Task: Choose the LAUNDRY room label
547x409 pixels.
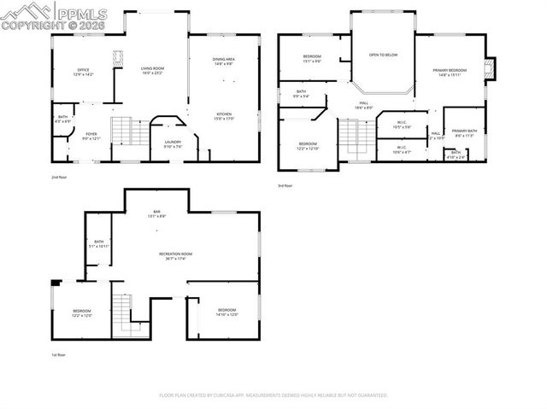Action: pyautogui.click(x=173, y=143)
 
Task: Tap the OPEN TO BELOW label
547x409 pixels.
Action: pyautogui.click(x=383, y=55)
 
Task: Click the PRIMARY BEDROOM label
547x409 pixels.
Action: pyautogui.click(x=450, y=73)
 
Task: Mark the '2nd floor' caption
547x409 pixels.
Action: pyautogui.click(x=58, y=177)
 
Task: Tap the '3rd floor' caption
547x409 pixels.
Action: pyautogui.click(x=285, y=185)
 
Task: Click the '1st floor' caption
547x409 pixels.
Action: pyautogui.click(x=57, y=354)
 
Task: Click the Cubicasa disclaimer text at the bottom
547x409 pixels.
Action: pyautogui.click(x=273, y=395)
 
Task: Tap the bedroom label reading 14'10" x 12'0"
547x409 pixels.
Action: pyautogui.click(x=226, y=312)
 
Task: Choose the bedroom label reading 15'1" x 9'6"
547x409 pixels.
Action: pyautogui.click(x=311, y=59)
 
